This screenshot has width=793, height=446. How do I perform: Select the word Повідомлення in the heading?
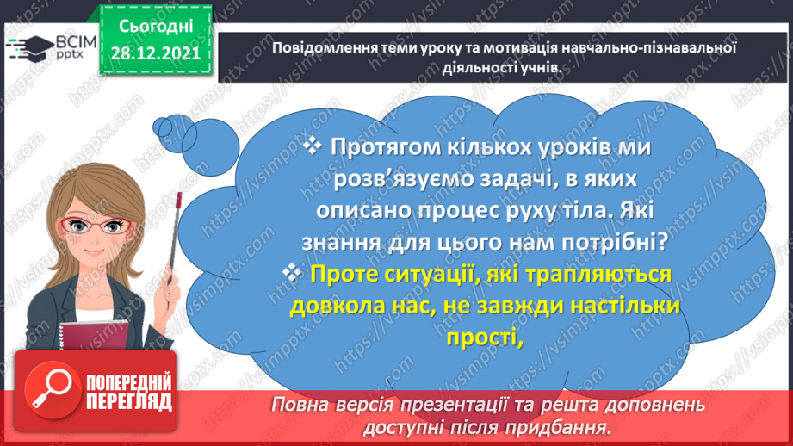315,48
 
